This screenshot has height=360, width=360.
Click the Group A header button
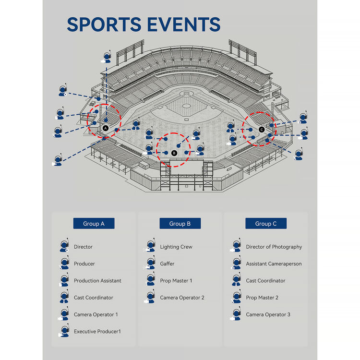click(x=94, y=223)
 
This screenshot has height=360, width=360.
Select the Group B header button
click(x=180, y=223)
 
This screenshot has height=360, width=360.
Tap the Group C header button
click(x=266, y=223)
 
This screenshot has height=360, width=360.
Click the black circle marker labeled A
click(x=106, y=128)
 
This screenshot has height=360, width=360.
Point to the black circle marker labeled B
click(x=174, y=153)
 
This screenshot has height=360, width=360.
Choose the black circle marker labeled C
click(x=262, y=130)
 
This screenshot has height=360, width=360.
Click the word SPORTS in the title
click(x=104, y=24)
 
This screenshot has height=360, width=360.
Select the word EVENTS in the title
click(x=184, y=24)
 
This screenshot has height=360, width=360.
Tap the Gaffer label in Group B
click(x=167, y=264)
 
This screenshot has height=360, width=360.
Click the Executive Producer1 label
click(x=97, y=331)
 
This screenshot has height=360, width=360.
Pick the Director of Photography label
click(x=274, y=247)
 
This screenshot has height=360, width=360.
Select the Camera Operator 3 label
click(x=268, y=314)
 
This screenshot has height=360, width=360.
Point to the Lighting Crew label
click(x=176, y=247)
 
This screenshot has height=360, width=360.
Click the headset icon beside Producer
click(x=64, y=263)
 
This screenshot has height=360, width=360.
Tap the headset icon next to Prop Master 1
click(x=150, y=280)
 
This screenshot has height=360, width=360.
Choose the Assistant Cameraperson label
click(x=274, y=264)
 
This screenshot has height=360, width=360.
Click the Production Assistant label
click(x=97, y=281)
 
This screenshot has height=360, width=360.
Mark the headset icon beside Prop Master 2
click(x=237, y=297)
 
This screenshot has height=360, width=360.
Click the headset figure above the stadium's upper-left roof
click(x=107, y=57)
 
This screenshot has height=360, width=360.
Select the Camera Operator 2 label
click(x=182, y=298)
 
